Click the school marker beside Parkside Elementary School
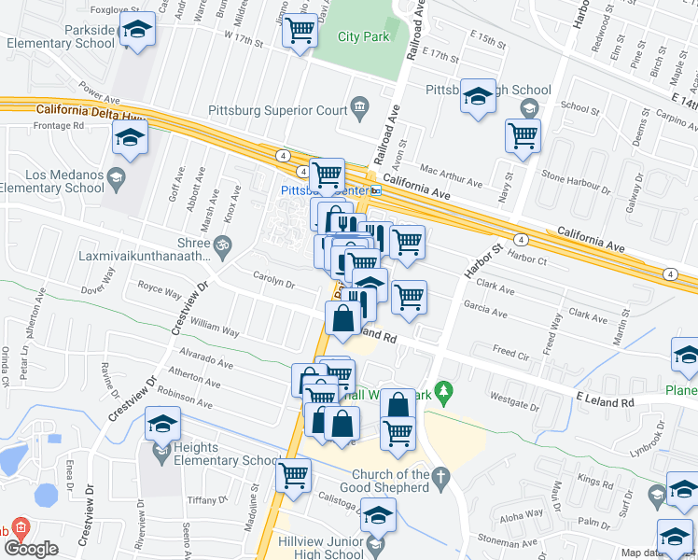(137, 30)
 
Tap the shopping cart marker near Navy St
(523, 136)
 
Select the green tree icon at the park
(445, 388)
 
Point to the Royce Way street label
(159, 291)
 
